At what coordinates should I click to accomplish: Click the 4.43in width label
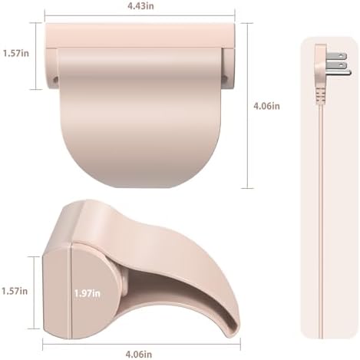coord(140,5)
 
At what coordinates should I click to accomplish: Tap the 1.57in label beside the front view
coord(16,53)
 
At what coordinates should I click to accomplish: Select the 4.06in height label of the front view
coord(266,106)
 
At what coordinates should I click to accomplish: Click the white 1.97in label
coord(88,293)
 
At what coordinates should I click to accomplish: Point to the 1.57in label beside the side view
coord(15,291)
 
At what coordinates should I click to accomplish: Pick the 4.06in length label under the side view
coord(138,355)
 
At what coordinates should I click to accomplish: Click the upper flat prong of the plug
coord(336,56)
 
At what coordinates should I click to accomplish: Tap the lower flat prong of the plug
coord(336,65)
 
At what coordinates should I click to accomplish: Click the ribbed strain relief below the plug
coord(321,96)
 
